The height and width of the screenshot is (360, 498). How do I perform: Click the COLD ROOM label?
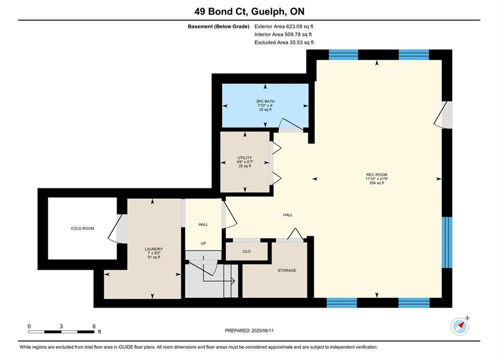coord(82,228)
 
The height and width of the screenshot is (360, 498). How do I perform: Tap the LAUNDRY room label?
coord(154,249)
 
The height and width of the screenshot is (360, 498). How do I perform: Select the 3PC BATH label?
coord(265,101)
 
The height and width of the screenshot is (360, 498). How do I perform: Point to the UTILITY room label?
coord(245,157)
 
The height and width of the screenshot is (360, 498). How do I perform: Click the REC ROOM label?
coord(377,174)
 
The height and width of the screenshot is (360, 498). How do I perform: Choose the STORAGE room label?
coord(287,270)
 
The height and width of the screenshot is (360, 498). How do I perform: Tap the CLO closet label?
coord(246,251)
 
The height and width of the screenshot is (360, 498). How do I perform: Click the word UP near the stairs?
coord(203,243)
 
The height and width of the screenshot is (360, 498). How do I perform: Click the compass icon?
coord(460,326)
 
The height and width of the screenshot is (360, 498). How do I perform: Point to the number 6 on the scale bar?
coord(94,326)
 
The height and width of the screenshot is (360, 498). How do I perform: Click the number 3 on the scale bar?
coord(61,326)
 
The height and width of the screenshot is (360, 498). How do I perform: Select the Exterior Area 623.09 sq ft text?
coord(284,26)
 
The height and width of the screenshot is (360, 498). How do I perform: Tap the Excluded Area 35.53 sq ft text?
coord(284,42)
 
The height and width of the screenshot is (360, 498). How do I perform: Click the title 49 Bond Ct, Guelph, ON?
coord(249,11)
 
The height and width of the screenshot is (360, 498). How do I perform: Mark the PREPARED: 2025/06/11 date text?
coord(249,330)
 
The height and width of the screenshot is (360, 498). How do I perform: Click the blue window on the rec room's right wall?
coord(447,242)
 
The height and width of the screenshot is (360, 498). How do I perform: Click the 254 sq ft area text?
coord(377,183)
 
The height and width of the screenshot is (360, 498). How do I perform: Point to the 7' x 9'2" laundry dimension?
coord(154,253)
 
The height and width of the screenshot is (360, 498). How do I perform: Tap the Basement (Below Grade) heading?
coord(219,26)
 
